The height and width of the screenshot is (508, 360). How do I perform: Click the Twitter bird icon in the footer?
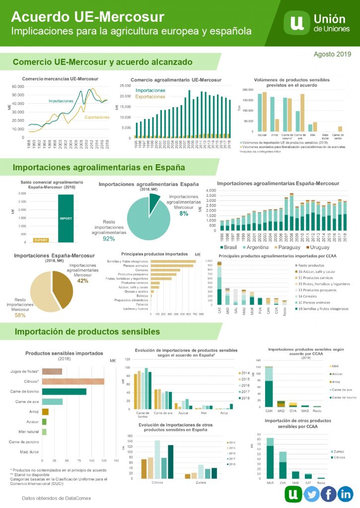[311, 494]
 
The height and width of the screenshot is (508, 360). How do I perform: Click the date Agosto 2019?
[333, 54]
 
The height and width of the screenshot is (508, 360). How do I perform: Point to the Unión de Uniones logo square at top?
[297, 23]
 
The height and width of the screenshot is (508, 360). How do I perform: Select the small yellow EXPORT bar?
[41, 240]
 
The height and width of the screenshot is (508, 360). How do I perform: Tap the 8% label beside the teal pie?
[184, 213]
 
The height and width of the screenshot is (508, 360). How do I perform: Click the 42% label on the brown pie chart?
[82, 280]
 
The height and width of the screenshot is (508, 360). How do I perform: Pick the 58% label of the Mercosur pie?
[20, 315]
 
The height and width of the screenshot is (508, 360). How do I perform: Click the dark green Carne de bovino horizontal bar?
[64, 391]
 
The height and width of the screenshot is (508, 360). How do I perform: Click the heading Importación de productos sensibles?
[87, 331]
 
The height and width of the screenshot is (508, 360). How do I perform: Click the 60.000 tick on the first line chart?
[17, 86]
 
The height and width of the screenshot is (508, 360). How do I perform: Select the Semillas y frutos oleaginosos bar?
[173, 261]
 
